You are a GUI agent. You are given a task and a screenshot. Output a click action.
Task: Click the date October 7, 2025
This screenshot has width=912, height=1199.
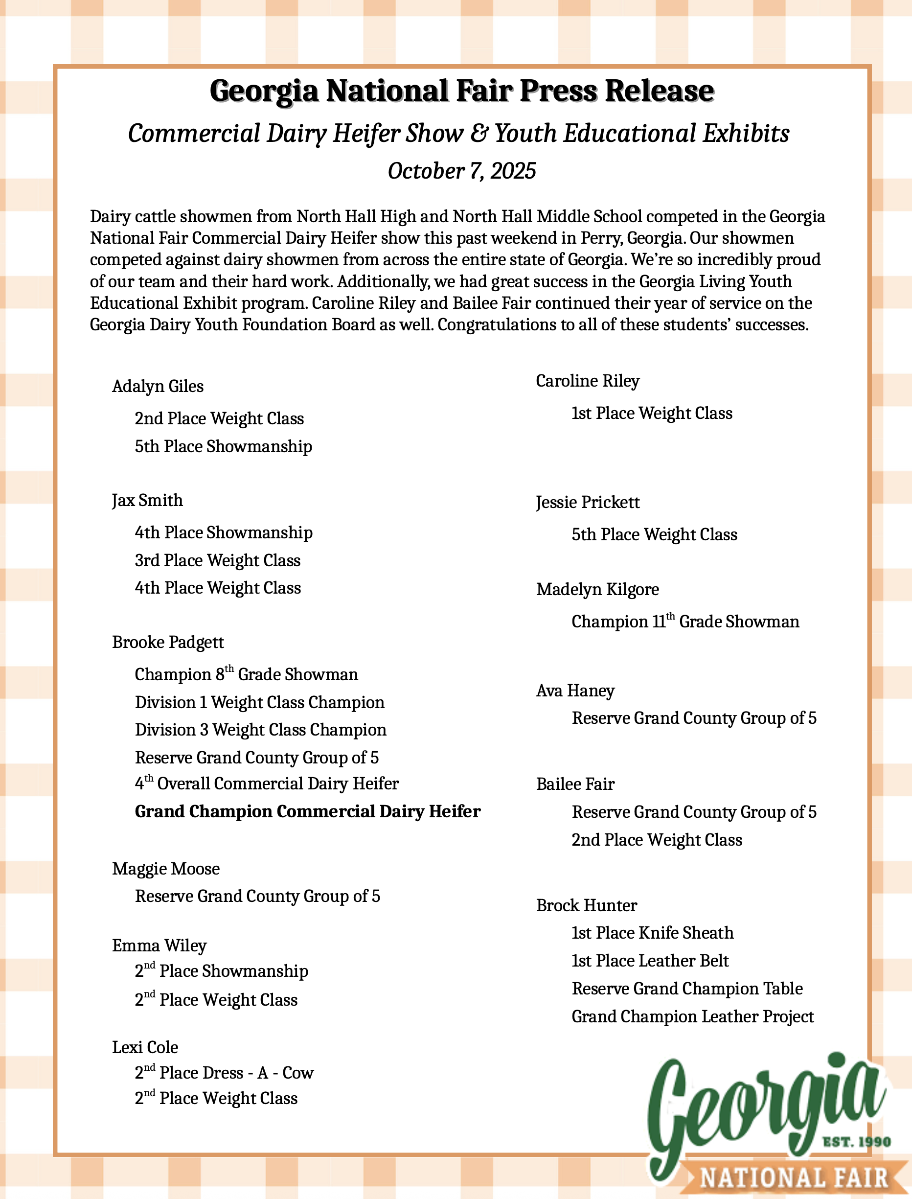pyautogui.click(x=461, y=171)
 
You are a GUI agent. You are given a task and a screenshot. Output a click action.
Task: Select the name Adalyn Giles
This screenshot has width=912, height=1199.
pyautogui.click(x=158, y=386)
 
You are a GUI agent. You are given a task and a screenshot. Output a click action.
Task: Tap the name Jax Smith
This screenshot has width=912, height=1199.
pyautogui.click(x=147, y=500)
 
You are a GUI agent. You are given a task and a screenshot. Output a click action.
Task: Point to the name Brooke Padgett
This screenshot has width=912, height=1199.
pyautogui.click(x=168, y=642)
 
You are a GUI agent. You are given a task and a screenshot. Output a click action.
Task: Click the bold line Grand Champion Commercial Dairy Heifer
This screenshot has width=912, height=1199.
pyautogui.click(x=307, y=811)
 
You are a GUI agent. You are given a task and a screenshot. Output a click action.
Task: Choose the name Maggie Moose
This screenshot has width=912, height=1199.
pyautogui.click(x=165, y=868)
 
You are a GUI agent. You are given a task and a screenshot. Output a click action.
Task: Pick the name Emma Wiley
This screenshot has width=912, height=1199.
pyautogui.click(x=159, y=945)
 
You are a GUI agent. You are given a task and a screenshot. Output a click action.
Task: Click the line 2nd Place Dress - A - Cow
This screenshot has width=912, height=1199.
pyautogui.click(x=224, y=1072)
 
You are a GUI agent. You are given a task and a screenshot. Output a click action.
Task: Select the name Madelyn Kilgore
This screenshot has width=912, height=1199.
pyautogui.click(x=597, y=589)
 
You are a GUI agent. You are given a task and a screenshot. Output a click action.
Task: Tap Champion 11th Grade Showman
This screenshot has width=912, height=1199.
pyautogui.click(x=685, y=621)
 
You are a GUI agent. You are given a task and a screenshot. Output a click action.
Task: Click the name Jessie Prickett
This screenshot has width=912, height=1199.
pyautogui.click(x=588, y=502)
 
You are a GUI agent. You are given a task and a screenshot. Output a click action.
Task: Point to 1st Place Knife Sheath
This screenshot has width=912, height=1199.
pyautogui.click(x=652, y=933)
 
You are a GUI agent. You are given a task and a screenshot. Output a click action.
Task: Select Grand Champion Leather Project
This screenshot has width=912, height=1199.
pyautogui.click(x=693, y=1016)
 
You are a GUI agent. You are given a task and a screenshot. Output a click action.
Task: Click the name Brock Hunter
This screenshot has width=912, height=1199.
pyautogui.click(x=586, y=905)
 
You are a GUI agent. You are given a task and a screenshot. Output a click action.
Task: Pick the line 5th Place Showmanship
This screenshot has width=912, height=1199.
pyautogui.click(x=224, y=446)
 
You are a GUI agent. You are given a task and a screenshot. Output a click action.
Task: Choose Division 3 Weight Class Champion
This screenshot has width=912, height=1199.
pyautogui.click(x=261, y=730)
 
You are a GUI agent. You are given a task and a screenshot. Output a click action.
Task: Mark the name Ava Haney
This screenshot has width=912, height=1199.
pyautogui.click(x=575, y=691)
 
